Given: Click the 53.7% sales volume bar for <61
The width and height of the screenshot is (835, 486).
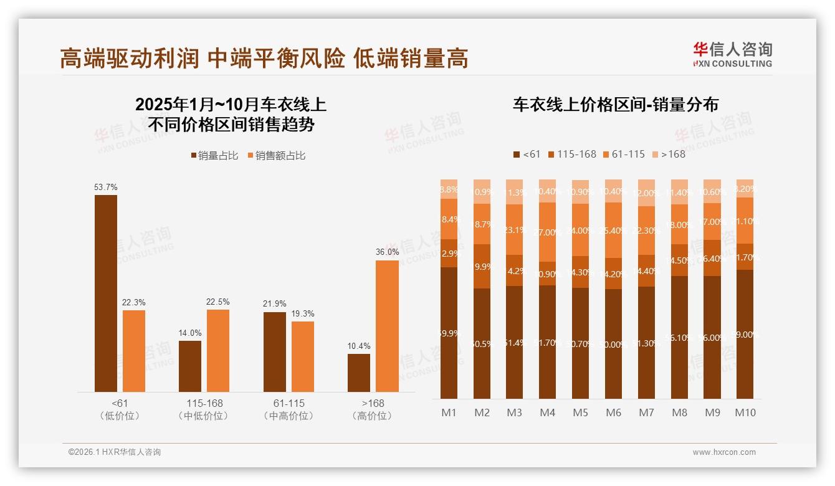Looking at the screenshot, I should (106, 293).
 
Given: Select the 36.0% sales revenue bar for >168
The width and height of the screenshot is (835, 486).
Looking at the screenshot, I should (387, 326).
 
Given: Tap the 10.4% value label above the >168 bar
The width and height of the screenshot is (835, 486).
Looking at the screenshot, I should (359, 346).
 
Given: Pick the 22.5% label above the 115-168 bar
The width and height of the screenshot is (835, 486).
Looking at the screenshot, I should (218, 302).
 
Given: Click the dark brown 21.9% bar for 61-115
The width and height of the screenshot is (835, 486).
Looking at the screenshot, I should (275, 351).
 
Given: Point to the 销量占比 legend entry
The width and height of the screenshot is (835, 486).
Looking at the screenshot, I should (214, 156).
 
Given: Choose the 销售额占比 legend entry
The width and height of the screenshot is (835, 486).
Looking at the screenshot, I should (277, 156).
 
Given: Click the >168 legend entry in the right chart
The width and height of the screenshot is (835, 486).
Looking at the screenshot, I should (669, 154).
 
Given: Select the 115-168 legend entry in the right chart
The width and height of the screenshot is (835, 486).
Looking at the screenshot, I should (571, 154).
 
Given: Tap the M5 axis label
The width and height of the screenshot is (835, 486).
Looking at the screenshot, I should (580, 412).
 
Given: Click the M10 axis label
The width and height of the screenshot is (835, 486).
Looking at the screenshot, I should (745, 412).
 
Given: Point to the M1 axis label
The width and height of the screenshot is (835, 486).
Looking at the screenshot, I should (449, 412).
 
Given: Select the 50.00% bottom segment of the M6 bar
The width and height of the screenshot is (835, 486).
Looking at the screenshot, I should (613, 344).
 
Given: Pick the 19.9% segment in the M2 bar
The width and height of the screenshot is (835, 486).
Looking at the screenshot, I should (482, 267).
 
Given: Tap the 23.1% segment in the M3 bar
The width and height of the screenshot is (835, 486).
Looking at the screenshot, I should (515, 229).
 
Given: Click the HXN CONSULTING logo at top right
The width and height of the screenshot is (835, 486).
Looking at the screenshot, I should (732, 54).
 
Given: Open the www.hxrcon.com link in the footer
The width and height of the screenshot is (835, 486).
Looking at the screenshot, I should (724, 452).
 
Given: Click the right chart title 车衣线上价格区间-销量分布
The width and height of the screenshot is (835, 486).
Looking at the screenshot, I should (615, 104).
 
